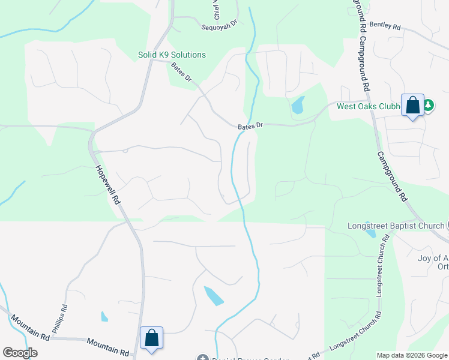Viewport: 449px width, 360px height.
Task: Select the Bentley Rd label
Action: pyautogui.click(x=385, y=26)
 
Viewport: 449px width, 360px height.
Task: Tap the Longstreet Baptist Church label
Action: pyautogui.click(x=396, y=226)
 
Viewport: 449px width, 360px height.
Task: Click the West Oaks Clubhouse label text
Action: pyautogui.click(x=368, y=107)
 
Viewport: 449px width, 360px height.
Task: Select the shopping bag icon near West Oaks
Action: pyautogui.click(x=412, y=106)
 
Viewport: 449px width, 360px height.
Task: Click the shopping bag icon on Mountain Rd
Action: pyautogui.click(x=152, y=338)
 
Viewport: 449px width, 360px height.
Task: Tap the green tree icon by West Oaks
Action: pyautogui.click(x=428, y=106)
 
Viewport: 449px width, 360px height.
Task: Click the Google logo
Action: pyautogui.click(x=20, y=352)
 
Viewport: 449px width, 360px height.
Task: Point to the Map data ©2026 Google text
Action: pyautogui.click(x=411, y=355)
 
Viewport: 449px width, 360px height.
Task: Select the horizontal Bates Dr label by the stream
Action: pyautogui.click(x=250, y=126)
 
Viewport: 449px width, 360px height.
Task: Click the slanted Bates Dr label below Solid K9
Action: pyautogui.click(x=181, y=72)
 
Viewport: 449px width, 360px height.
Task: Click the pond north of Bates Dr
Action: pyautogui.click(x=298, y=106)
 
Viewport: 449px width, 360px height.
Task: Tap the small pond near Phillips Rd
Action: pyautogui.click(x=105, y=316)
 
